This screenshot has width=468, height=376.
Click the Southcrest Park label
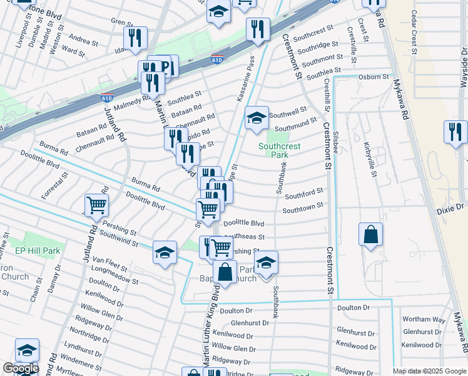click(x=280, y=150)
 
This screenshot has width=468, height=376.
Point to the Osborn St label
click(x=374, y=77)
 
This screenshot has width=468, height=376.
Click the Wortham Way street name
click(x=424, y=320)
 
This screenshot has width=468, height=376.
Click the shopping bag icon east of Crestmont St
click(x=370, y=234)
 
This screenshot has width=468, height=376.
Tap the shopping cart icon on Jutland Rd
click(x=96, y=204)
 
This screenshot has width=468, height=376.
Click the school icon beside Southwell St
click(x=257, y=117)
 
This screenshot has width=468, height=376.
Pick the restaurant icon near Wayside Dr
click(x=454, y=132)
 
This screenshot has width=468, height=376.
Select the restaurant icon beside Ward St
click(x=135, y=38)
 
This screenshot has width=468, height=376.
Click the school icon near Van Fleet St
click(x=165, y=252)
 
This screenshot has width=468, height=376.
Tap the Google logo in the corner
click(x=21, y=368)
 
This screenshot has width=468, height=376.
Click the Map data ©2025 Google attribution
click(x=430, y=371)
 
